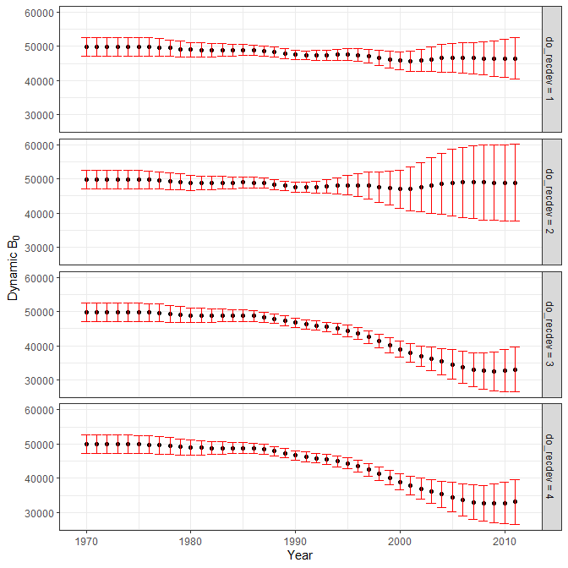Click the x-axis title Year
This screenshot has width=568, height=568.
[299, 555]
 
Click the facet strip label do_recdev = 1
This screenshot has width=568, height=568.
[552, 69]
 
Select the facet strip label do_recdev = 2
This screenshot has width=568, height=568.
[552, 201]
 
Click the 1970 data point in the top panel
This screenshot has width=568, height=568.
[86, 47]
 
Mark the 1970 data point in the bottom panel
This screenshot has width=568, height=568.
[86, 444]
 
